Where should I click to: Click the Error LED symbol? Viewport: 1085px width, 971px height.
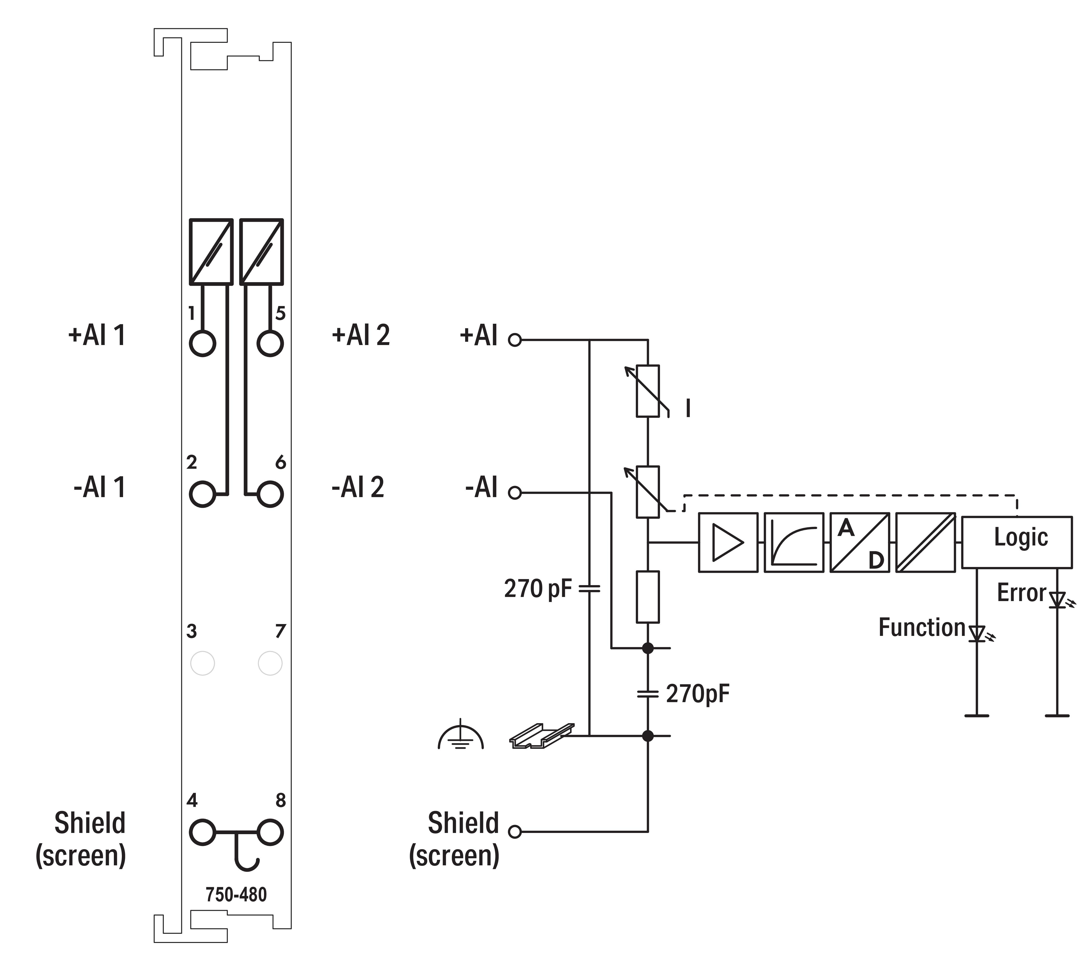(x=1057, y=600)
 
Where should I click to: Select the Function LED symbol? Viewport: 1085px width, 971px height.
(x=977, y=634)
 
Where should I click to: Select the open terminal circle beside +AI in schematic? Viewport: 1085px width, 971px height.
(x=514, y=340)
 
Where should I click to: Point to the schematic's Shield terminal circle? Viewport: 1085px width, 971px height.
(x=514, y=832)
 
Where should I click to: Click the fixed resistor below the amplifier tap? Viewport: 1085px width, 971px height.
(x=648, y=596)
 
